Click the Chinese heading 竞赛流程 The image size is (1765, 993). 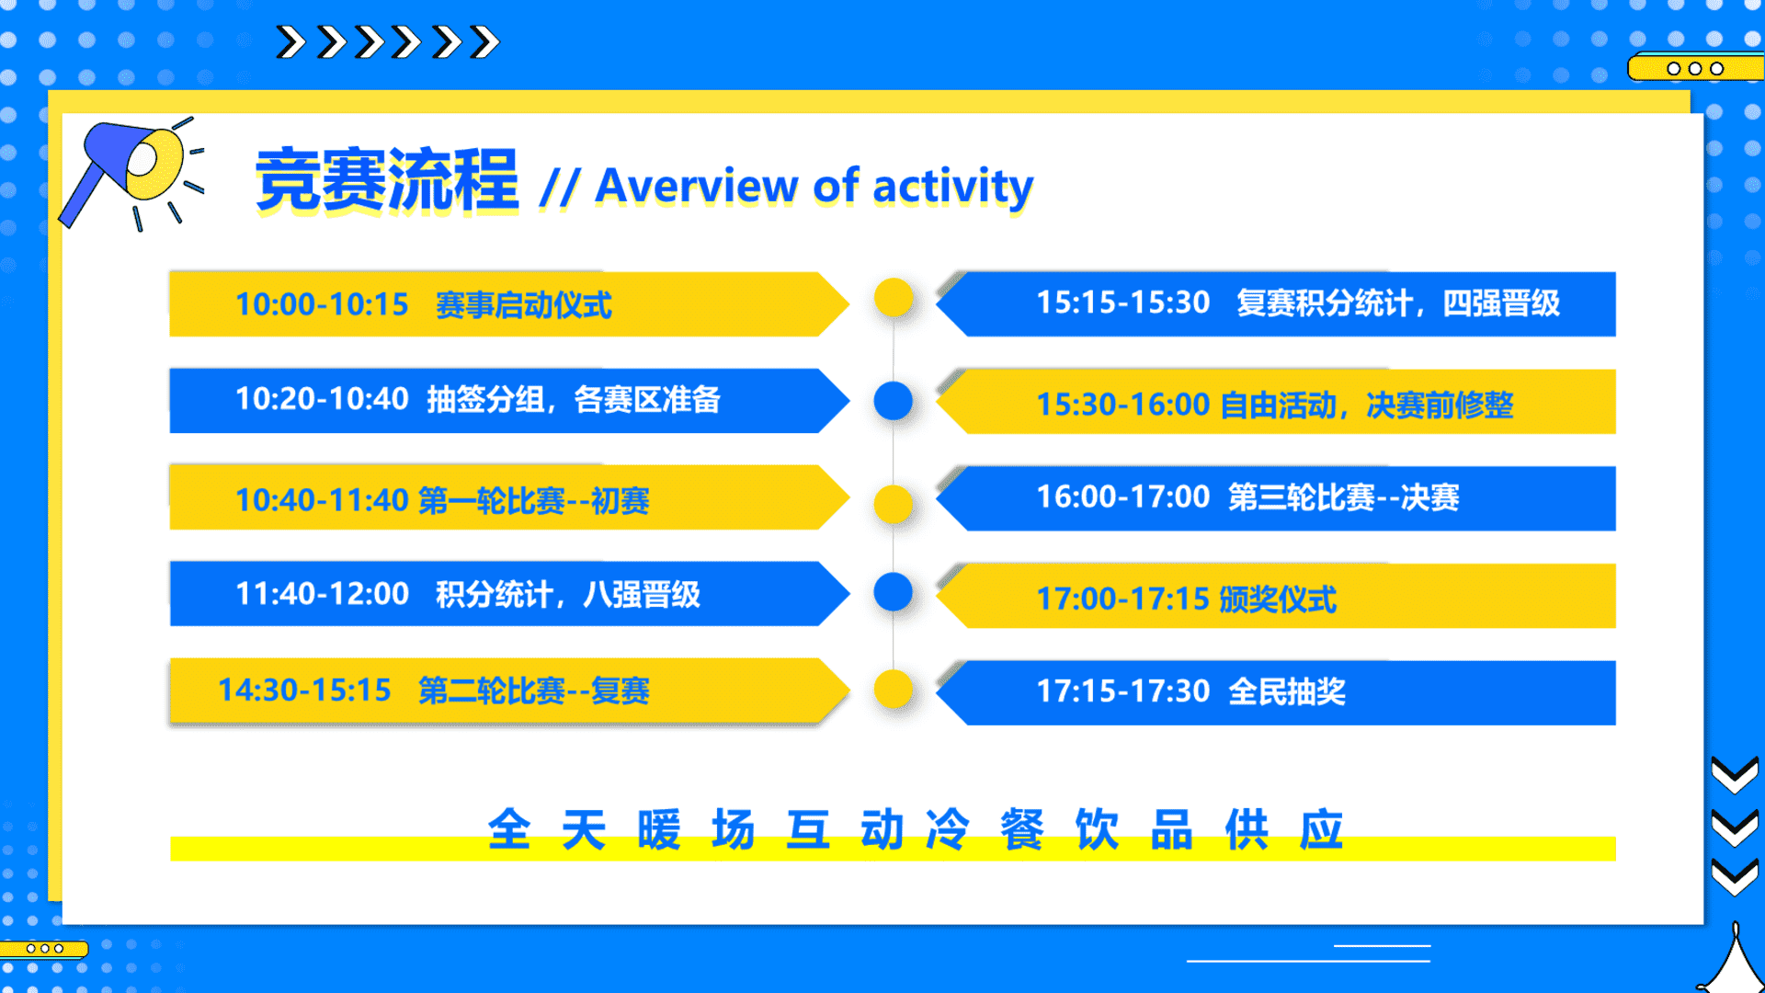(387, 181)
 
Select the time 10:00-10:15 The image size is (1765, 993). (322, 304)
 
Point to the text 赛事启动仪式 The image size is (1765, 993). (523, 305)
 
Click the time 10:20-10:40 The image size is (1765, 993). (322, 399)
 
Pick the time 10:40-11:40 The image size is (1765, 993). (322, 500)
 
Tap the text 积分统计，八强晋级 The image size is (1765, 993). (567, 595)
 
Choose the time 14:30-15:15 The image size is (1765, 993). (304, 691)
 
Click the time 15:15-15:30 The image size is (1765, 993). (1123, 302)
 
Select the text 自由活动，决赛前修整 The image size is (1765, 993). (1366, 405)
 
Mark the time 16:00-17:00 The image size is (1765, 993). (1123, 497)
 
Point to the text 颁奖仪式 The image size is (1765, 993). (1278, 599)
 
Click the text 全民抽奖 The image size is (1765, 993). (1287, 691)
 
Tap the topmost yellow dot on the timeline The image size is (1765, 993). (894, 298)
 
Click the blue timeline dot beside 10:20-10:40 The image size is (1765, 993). (894, 401)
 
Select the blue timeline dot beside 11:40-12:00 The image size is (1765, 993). (894, 592)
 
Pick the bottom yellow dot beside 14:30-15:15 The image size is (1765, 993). (894, 690)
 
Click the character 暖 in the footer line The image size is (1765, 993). (658, 829)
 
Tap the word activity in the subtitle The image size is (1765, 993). (952, 188)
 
